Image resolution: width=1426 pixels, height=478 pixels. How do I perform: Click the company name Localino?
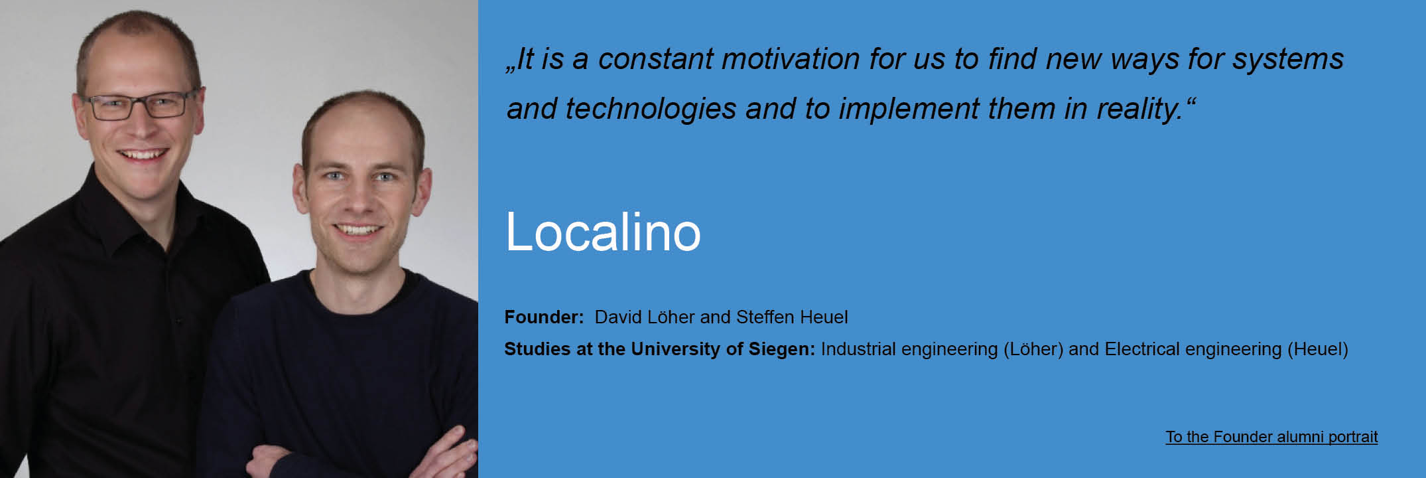(603, 232)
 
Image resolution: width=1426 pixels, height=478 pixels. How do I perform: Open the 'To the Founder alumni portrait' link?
(1271, 437)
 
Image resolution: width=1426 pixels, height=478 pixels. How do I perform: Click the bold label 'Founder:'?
(544, 317)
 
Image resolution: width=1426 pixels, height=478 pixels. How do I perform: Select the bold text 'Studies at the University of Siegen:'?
(659, 349)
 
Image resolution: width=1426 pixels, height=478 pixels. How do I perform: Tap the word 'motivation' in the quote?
(791, 59)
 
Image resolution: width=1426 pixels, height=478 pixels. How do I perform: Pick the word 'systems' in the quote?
(1288, 60)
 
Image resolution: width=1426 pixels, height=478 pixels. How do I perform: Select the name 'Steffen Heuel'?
(792, 317)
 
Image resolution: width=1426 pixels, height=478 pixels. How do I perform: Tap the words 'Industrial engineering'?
(909, 349)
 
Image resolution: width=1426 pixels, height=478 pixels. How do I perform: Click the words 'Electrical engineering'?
(1193, 349)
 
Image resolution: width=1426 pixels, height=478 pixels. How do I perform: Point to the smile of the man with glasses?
(142, 155)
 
